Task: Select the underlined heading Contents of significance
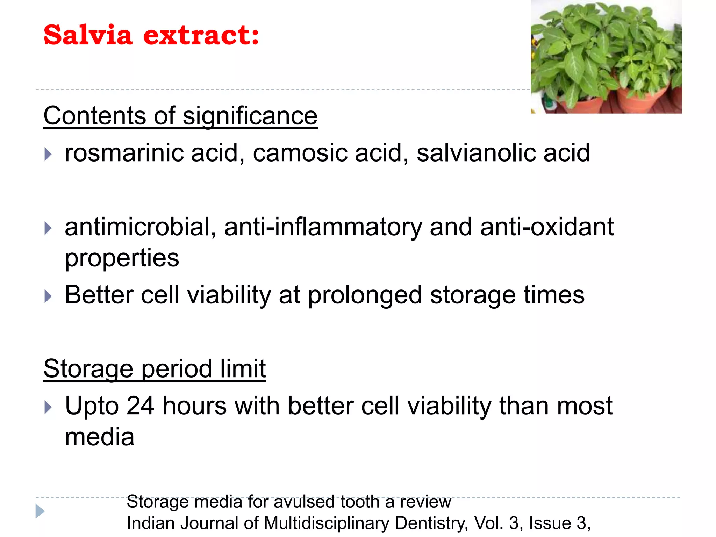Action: (x=180, y=116)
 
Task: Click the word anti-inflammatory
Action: (x=323, y=227)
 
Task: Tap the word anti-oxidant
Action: (x=547, y=227)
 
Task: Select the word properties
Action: (x=122, y=258)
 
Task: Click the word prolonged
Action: (x=365, y=295)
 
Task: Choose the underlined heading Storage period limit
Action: (x=155, y=369)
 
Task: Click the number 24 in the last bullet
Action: (x=140, y=406)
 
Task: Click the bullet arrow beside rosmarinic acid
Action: (x=48, y=154)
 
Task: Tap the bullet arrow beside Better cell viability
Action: (x=48, y=296)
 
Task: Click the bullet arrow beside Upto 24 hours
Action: (x=48, y=407)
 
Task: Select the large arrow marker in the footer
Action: (x=40, y=511)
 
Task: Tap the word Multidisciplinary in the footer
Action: (x=327, y=523)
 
